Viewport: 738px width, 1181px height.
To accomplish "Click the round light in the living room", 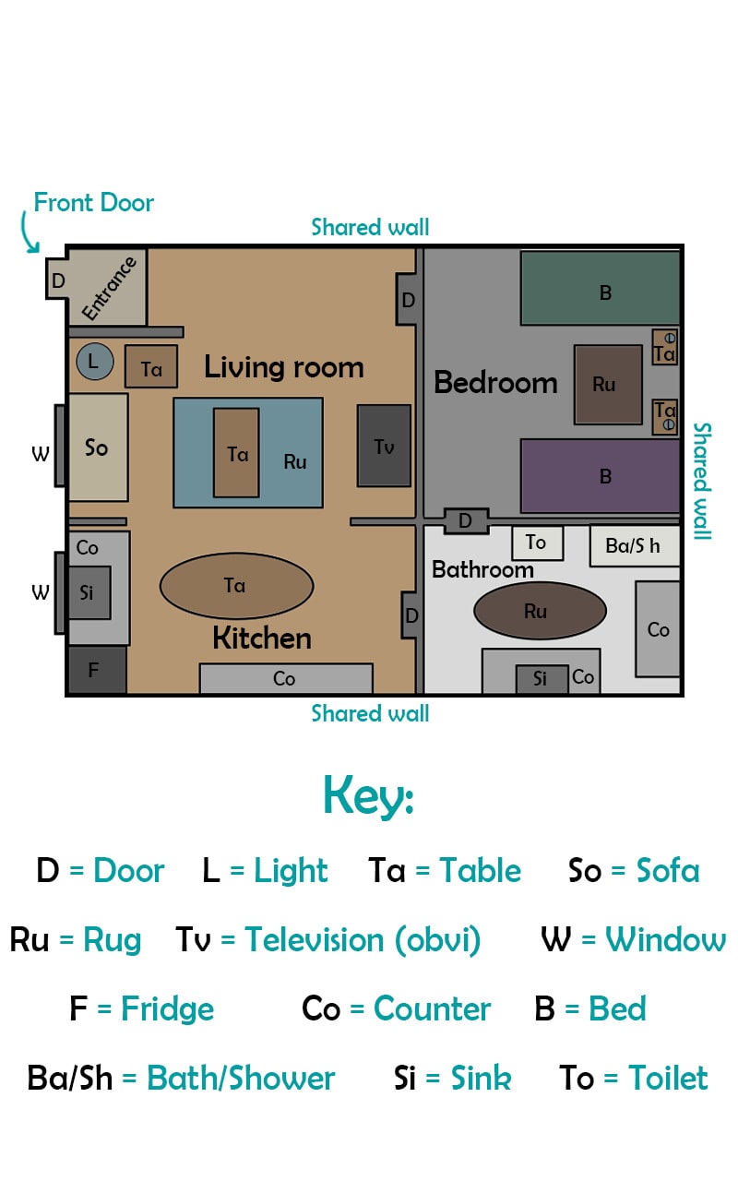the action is click(95, 362).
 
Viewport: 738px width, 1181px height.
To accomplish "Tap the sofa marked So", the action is click(98, 447).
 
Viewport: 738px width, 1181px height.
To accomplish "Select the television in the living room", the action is click(384, 446).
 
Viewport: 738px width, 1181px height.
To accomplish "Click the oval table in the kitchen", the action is click(237, 585).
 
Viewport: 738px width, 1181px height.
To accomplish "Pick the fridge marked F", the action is click(97, 670).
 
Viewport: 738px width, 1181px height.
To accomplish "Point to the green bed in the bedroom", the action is click(600, 288).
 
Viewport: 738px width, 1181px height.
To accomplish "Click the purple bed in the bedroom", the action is click(600, 475).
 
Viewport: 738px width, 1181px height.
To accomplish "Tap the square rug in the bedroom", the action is click(608, 385).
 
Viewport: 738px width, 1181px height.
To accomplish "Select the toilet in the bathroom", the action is click(537, 543).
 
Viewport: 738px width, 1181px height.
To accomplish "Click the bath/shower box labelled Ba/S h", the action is click(635, 545).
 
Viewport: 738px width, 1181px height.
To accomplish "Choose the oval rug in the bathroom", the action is click(540, 611).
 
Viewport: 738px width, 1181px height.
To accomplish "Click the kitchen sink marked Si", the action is click(89, 592).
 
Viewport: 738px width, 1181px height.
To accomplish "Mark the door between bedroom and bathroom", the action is click(466, 521).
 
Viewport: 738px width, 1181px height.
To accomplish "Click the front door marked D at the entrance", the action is click(57, 280).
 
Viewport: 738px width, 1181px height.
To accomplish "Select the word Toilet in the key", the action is click(668, 1078).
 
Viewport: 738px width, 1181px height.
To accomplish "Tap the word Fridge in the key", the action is click(168, 1009).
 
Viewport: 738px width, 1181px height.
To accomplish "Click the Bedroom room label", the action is click(495, 382).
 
